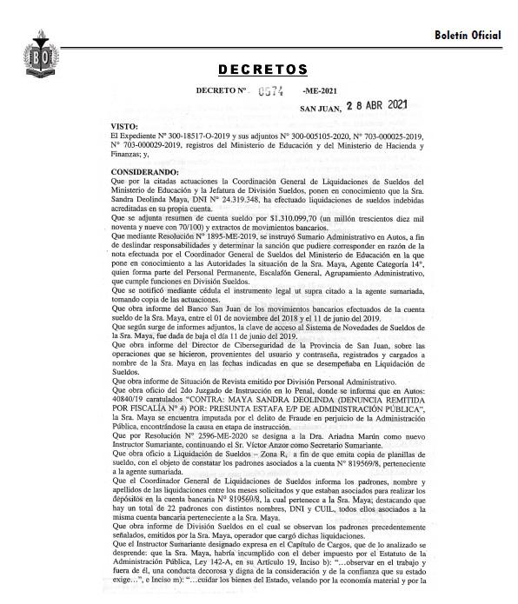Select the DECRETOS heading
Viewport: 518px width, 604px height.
coord(262,69)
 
